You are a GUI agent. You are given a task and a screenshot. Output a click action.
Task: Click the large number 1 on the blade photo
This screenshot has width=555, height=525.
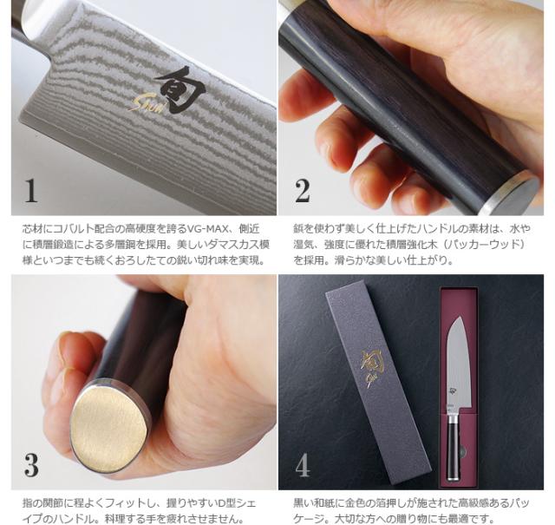coord(31,191)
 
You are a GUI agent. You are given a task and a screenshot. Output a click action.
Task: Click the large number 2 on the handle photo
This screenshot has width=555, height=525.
coord(303,191)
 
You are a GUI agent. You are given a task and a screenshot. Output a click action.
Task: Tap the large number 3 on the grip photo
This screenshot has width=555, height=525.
coord(31,465)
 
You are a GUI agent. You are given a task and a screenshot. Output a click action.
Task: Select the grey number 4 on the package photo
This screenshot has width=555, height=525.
coord(303,465)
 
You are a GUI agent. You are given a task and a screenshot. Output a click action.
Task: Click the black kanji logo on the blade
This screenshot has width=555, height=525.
coord(180,89)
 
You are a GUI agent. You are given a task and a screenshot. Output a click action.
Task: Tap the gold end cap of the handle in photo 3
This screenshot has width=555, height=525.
coord(108,428)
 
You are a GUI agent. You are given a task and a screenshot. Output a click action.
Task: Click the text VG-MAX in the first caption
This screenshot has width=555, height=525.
coord(205,229)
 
